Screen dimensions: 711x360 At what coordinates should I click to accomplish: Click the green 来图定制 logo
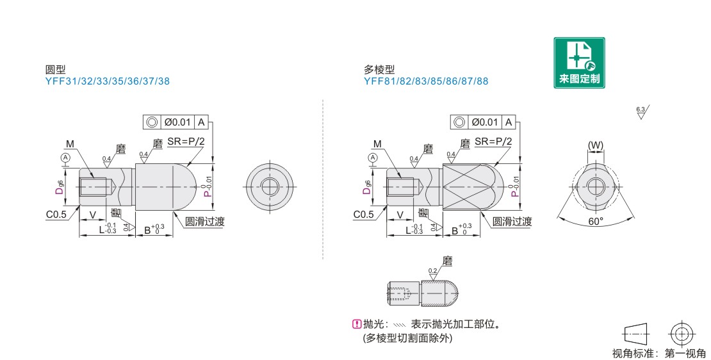pos(579,63)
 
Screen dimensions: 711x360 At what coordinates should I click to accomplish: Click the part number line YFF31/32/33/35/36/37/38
pos(108,81)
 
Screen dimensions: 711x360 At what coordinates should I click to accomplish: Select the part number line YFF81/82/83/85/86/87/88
pos(426,81)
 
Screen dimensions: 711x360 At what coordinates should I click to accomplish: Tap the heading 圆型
pos(55,69)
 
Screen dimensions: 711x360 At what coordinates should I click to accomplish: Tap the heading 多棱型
pos(379,69)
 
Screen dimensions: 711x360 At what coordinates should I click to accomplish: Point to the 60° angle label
pos(596,221)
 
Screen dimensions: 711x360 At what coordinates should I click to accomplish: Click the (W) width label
pos(595,145)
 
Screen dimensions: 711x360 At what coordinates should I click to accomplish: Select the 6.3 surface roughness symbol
pos(642,112)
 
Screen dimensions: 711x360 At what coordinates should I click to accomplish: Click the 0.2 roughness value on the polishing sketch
pos(432,271)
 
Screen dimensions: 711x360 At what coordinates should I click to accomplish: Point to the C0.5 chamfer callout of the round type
pos(56,214)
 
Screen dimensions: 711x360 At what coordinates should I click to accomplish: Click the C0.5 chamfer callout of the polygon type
pos(364,214)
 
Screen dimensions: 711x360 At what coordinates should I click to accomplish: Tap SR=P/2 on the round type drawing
pos(186,142)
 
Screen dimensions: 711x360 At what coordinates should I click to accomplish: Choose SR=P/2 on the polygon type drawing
pos(493,142)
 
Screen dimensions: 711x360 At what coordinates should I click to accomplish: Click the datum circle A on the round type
pos(66,158)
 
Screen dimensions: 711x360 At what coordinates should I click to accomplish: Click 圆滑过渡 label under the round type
pos(204,221)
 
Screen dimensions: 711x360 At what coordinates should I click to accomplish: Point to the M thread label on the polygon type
pos(377,143)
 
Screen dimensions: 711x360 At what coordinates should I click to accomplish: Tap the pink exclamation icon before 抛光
pos(356,323)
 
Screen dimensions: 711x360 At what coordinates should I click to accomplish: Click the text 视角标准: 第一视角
pos(659,353)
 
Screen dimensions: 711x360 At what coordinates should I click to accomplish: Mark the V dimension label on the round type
pos(93,215)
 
